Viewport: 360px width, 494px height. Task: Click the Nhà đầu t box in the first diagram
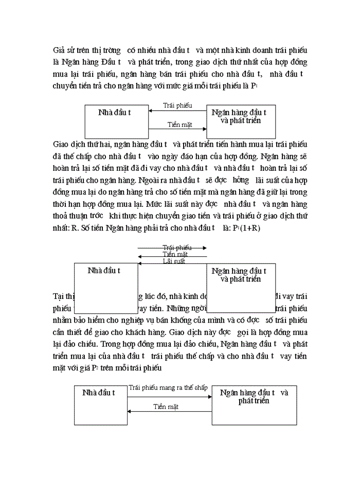coord(116,121)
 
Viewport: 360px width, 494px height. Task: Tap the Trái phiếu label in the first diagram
coord(177,105)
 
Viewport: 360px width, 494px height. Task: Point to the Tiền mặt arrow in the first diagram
coord(177,129)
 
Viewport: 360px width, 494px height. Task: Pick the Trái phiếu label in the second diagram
coord(176,248)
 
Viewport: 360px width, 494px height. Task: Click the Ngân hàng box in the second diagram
coord(240,288)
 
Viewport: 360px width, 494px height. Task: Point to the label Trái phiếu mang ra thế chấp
coord(168,387)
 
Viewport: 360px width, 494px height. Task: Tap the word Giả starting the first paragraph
coord(59,50)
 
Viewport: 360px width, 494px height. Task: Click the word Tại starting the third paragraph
coord(59,296)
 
